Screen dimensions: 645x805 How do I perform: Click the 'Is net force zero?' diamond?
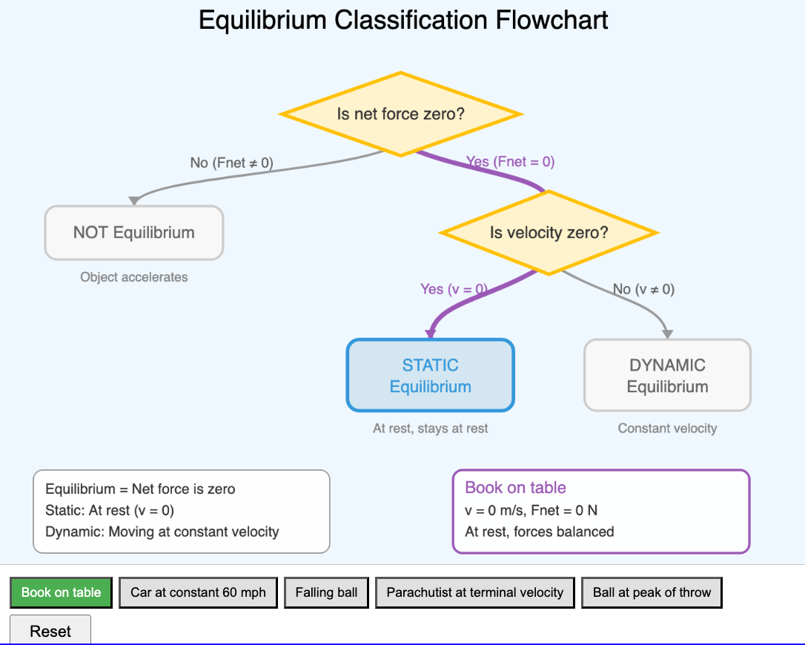point(400,114)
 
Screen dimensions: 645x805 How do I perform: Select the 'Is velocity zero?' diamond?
point(549,233)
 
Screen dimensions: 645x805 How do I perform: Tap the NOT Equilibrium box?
point(134,233)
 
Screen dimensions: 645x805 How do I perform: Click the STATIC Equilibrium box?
point(431,375)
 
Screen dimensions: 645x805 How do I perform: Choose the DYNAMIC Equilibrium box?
point(667,375)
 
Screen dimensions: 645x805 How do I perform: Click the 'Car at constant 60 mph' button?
point(198,592)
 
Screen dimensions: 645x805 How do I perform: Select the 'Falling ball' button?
point(326,592)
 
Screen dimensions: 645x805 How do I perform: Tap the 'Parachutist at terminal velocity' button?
point(474,592)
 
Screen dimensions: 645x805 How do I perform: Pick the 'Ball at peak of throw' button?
point(652,592)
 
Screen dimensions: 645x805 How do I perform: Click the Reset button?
point(50,631)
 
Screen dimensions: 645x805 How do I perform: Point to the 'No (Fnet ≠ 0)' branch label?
point(231,162)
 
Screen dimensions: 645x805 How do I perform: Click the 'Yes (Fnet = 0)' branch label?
point(510,162)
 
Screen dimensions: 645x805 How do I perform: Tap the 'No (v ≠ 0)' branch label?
point(643,289)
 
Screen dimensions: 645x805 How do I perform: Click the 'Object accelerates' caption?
point(134,277)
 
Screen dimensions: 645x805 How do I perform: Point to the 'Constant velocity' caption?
point(667,428)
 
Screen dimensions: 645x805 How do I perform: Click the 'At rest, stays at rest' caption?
point(431,428)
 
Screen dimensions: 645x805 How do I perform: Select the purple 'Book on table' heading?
point(515,488)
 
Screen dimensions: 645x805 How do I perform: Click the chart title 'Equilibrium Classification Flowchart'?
point(403,20)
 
